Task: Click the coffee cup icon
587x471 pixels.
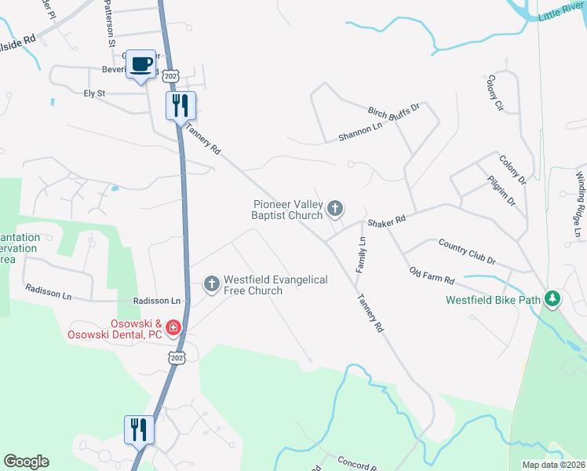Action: (x=141, y=64)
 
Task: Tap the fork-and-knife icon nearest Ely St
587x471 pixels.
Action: (x=180, y=105)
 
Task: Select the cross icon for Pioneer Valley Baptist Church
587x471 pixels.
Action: (x=335, y=209)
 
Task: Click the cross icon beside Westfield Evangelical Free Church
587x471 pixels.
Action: (x=211, y=284)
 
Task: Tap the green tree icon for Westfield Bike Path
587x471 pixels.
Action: (x=553, y=298)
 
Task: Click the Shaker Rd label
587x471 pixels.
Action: (x=389, y=220)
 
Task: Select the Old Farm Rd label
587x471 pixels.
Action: (x=432, y=275)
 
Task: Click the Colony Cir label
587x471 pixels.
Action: (x=494, y=93)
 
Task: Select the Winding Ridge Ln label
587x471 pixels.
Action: (x=580, y=196)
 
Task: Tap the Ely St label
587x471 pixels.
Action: (x=94, y=93)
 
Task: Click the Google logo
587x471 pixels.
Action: (x=26, y=462)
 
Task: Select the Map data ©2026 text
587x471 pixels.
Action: (x=553, y=465)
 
